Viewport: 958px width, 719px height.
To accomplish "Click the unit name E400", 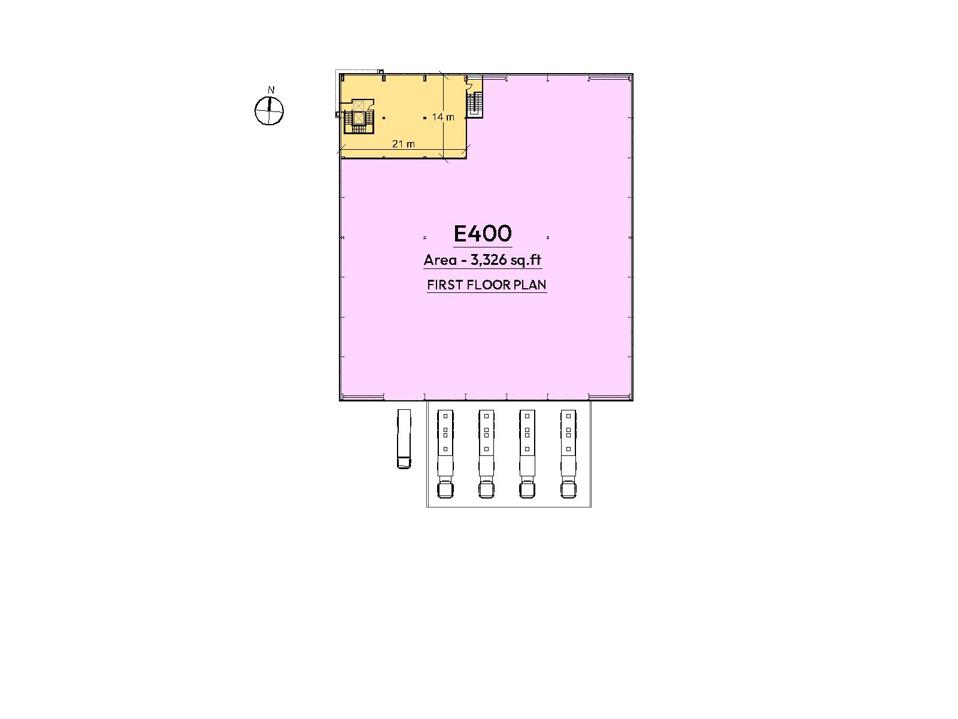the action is pyautogui.click(x=482, y=234).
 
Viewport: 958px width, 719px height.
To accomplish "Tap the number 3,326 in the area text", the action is pyautogui.click(x=489, y=260).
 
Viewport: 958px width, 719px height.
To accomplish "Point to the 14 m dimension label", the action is pyautogui.click(x=443, y=117).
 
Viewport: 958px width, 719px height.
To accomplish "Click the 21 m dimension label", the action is pyautogui.click(x=404, y=144).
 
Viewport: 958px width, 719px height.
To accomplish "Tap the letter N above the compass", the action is pyautogui.click(x=271, y=90).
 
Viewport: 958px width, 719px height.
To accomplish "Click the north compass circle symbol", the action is pyautogui.click(x=269, y=111).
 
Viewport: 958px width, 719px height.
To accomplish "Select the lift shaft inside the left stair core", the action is pyautogui.click(x=358, y=112).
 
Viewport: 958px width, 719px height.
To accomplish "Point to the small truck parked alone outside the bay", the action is pyautogui.click(x=404, y=439).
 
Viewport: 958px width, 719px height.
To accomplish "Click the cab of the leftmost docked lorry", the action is pyautogui.click(x=445, y=490).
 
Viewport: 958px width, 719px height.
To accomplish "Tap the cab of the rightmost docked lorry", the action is pyautogui.click(x=568, y=490).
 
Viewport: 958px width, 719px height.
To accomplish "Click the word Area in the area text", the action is pyautogui.click(x=440, y=260).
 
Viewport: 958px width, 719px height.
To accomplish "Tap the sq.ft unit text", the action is pyautogui.click(x=526, y=261).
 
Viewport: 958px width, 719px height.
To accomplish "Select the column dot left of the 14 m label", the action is pyautogui.click(x=425, y=118).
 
